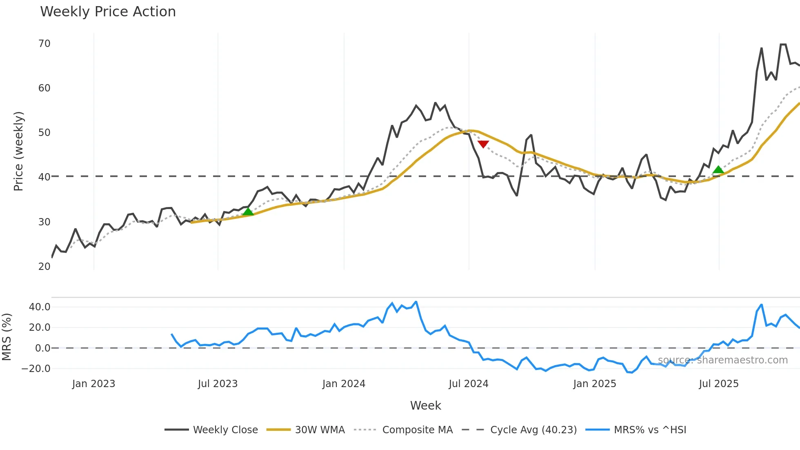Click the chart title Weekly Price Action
point(108,12)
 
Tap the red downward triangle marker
point(483,144)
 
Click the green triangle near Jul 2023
point(248,212)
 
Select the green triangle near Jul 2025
point(718,169)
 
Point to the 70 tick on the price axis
point(44,44)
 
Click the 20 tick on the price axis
point(44,267)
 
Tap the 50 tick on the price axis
point(44,133)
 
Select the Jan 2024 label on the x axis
point(344,384)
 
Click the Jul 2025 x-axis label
point(718,384)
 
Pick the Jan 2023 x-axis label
point(93,384)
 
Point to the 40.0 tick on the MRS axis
point(40,307)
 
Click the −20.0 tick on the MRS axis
point(36,369)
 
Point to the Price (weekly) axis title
point(18,151)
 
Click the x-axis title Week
point(425,405)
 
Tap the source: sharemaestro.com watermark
point(722,360)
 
